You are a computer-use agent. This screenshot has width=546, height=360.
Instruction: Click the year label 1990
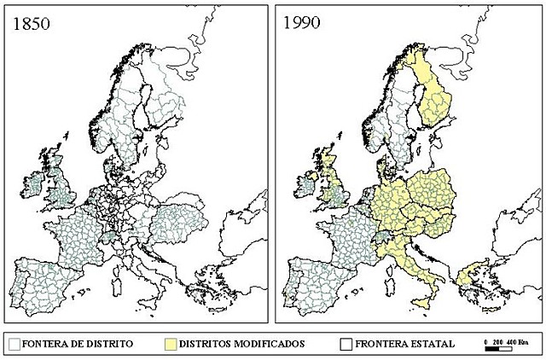[303, 23]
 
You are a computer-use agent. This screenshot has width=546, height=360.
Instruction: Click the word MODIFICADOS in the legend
[262, 343]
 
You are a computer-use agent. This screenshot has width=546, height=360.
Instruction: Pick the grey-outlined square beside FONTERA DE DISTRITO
[15, 343]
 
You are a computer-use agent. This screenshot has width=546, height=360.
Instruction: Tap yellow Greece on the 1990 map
[468, 278]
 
